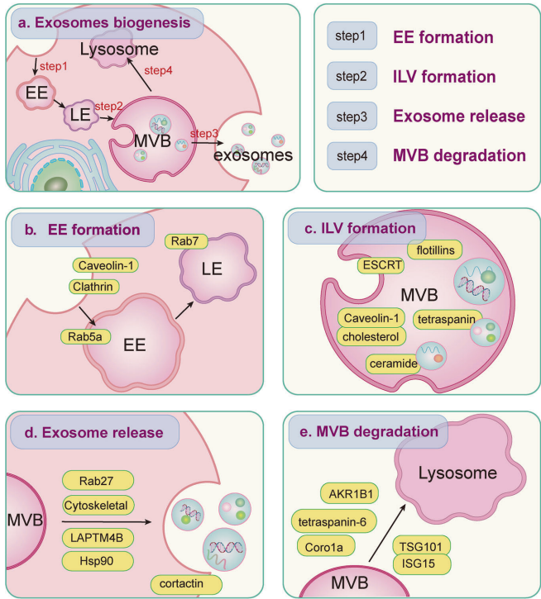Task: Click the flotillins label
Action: point(436,249)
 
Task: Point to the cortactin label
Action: point(187,583)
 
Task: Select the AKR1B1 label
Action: point(350,494)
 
